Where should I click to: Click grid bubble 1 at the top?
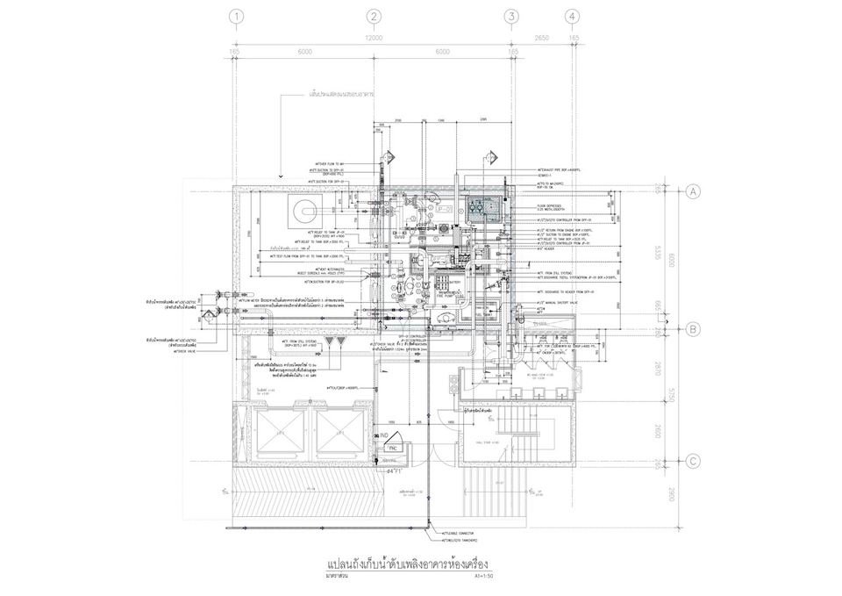[x=234, y=16]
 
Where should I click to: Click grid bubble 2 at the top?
[x=374, y=16]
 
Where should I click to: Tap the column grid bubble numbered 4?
[x=572, y=16]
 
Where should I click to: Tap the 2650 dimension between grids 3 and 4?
[x=541, y=39]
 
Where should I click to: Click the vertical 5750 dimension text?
[x=671, y=396]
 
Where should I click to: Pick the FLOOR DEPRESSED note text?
[x=551, y=206]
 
